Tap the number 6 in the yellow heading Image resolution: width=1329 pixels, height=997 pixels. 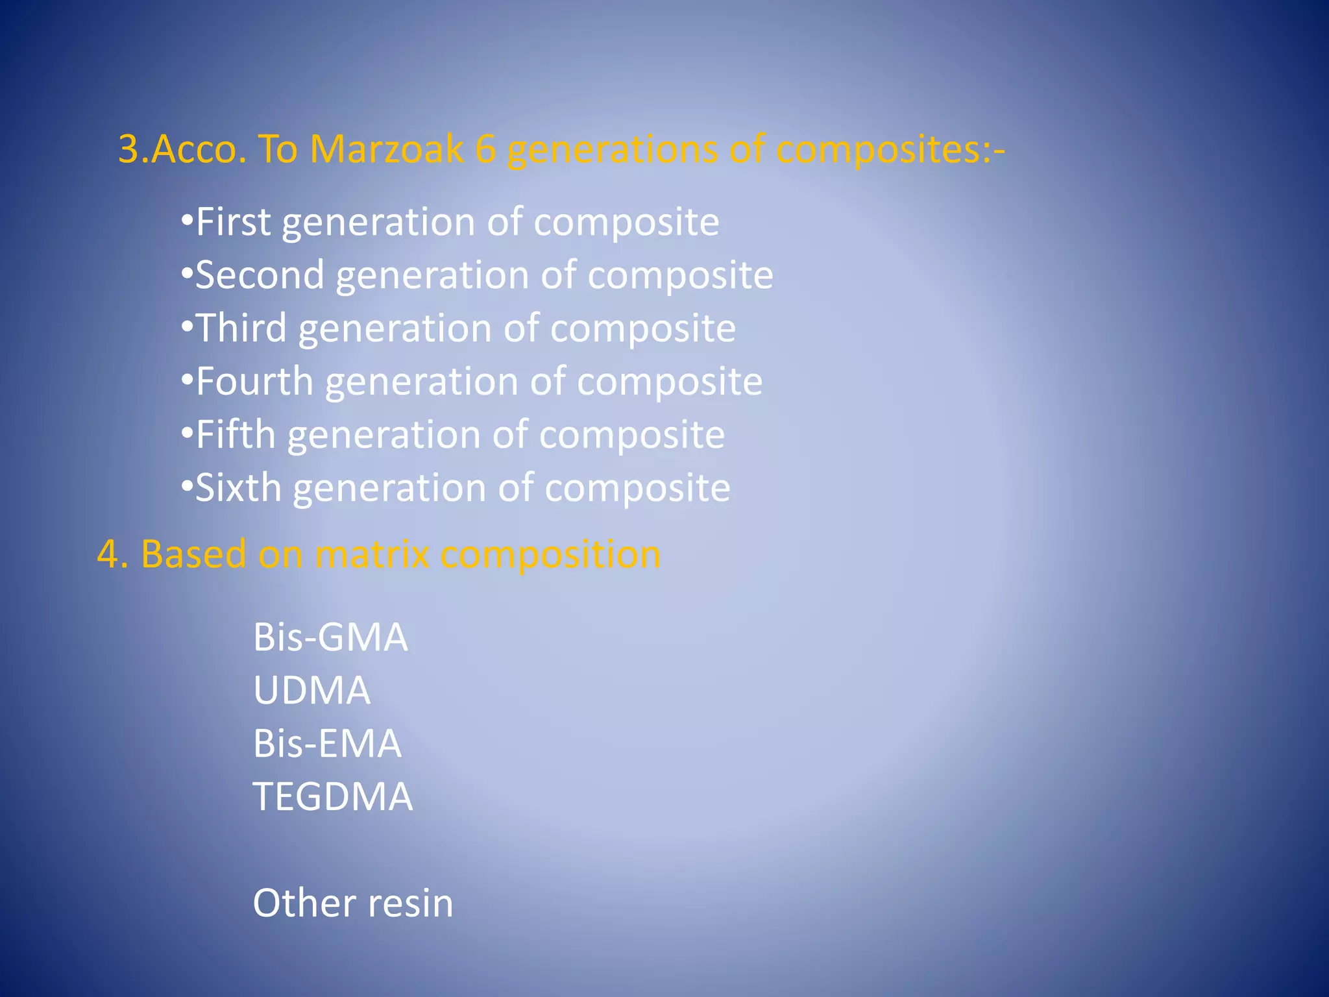(485, 149)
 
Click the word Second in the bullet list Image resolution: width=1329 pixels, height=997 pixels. (260, 275)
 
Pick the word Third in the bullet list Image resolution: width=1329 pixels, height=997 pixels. (241, 328)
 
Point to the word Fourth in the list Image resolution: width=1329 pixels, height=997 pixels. (254, 382)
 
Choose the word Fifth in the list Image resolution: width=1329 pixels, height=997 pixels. (236, 435)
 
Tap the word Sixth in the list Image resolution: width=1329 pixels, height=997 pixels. (238, 488)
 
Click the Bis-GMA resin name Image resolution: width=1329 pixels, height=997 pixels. (330, 637)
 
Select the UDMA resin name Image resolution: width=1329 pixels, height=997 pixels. (311, 691)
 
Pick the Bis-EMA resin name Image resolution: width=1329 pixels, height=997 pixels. (327, 744)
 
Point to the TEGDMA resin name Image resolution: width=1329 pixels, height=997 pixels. (332, 797)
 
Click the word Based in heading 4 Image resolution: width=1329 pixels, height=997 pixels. (193, 555)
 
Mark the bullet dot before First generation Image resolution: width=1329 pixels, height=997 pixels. (187, 221)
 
